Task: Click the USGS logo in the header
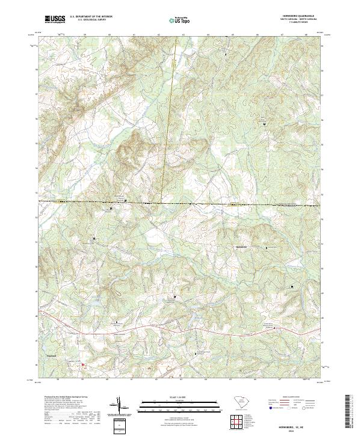tap(55, 20)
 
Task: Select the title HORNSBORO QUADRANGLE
tap(297, 16)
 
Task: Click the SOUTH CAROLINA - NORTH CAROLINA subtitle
tap(297, 20)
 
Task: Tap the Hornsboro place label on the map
tap(239, 247)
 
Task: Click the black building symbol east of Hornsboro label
tap(267, 247)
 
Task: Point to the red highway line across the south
tap(180, 330)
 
